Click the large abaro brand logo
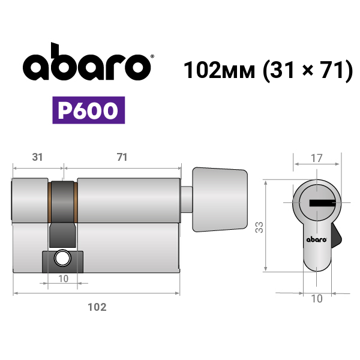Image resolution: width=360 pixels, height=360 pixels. (x=87, y=62)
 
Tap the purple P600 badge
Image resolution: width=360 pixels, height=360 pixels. (x=89, y=110)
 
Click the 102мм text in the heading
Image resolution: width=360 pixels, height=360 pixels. (x=219, y=70)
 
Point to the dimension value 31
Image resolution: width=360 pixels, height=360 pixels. (x=37, y=157)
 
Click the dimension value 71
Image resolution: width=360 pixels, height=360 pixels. (x=122, y=157)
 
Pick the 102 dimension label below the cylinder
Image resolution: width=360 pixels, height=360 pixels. (x=97, y=307)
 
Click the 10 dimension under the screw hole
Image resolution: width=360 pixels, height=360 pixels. (x=64, y=279)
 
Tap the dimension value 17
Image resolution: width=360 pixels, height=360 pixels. (x=317, y=158)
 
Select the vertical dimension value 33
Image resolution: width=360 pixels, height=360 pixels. (x=259, y=227)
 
